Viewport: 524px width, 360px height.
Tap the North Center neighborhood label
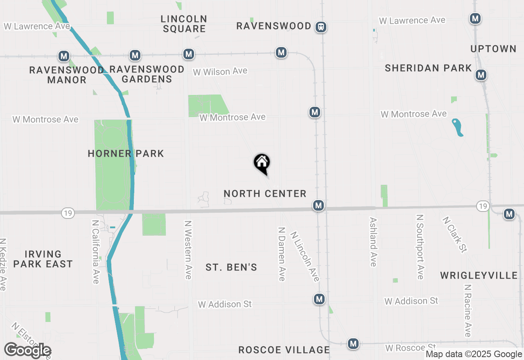pos(265,193)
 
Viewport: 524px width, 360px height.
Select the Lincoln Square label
pos(184,24)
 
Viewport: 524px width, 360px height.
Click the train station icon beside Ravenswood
pos(321,27)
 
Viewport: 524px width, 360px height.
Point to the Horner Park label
pos(126,154)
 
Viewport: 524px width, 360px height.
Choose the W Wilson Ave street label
pos(220,72)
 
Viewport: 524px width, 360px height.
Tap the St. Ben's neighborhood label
pos(231,268)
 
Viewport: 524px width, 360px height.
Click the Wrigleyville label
pos(479,275)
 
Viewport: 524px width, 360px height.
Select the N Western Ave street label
pos(188,250)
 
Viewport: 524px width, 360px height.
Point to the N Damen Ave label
pos(282,254)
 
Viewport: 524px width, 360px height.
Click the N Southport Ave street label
pos(420,247)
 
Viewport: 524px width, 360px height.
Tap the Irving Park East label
pos(43,259)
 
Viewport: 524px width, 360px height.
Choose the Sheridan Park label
pos(428,68)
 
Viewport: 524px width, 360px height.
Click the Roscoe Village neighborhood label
pos(284,350)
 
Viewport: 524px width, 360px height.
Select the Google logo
pos(27,350)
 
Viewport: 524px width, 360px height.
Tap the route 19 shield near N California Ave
pos(68,213)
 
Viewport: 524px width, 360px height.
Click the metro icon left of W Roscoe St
pos(353,344)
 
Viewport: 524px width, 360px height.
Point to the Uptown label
pos(493,49)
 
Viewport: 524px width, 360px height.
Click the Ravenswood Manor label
pos(67,75)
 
